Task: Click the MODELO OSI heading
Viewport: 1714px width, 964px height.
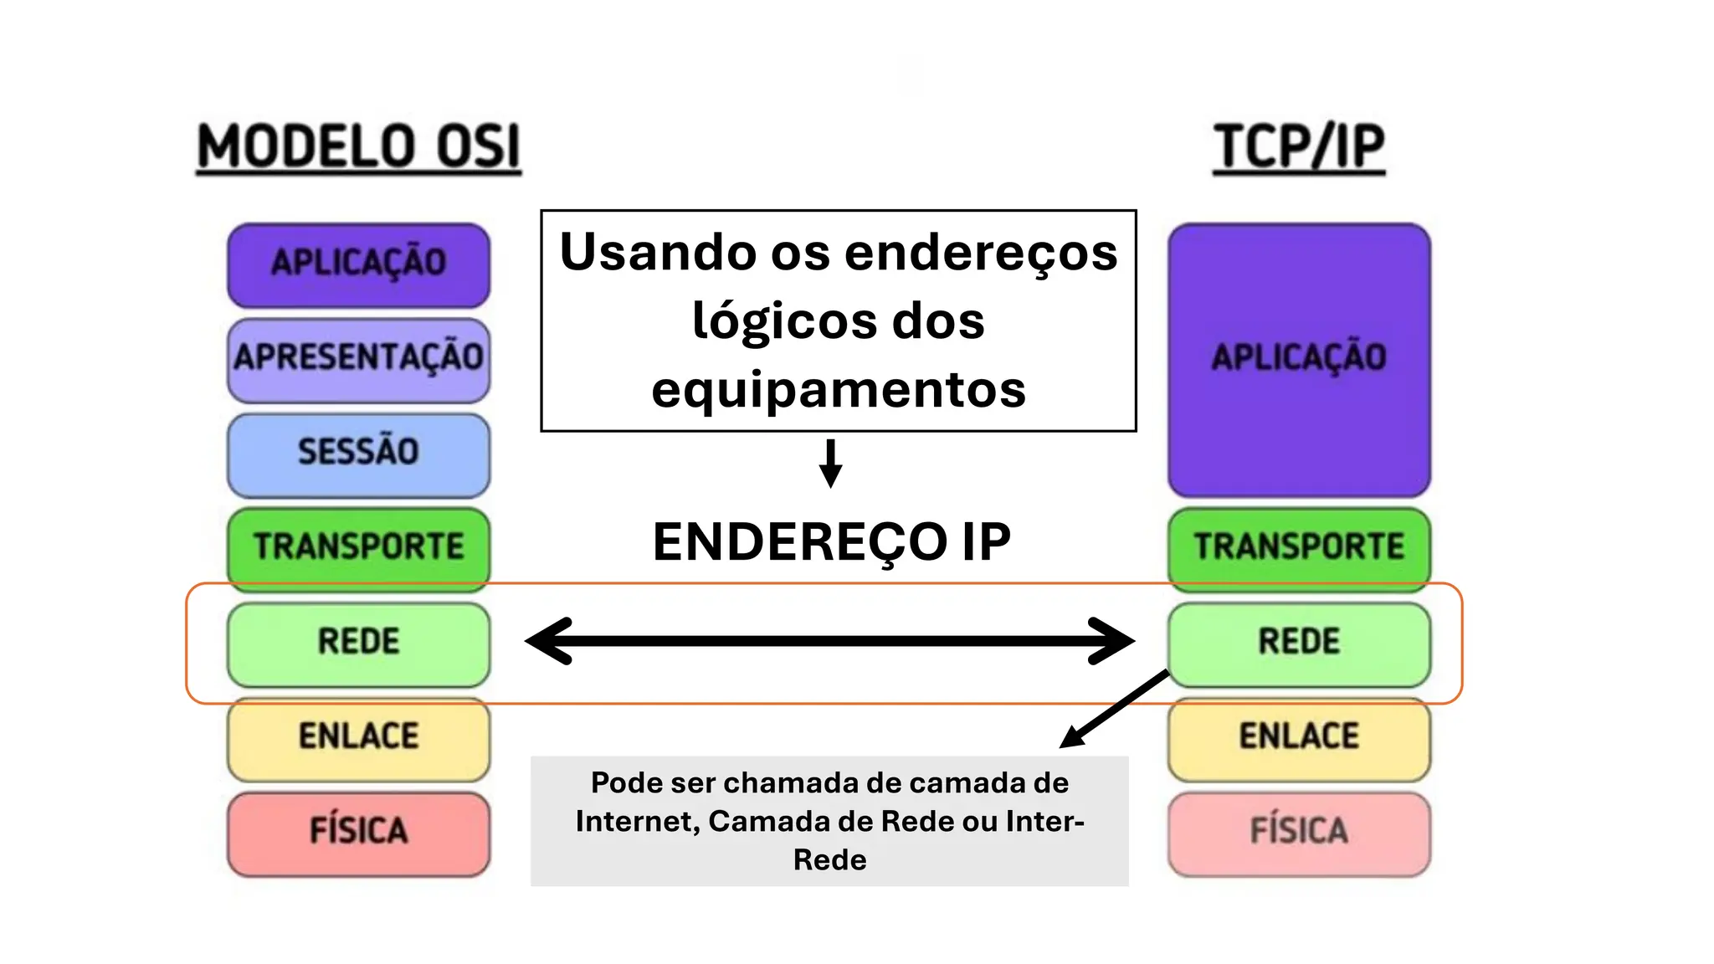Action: coord(358,147)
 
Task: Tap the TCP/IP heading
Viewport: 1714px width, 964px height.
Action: coord(1299,147)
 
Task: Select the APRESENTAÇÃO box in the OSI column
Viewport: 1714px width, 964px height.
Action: coord(358,358)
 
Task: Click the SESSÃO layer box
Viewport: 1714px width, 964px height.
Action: coord(358,454)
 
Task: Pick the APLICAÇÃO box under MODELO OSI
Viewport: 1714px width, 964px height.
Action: coord(358,264)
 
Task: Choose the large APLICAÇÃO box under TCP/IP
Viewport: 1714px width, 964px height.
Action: coord(1299,360)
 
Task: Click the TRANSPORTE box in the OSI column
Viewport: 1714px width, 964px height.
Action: coord(358,547)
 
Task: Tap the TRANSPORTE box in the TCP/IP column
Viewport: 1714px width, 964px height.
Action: coord(1299,547)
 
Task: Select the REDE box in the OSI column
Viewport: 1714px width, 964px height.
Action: coord(358,643)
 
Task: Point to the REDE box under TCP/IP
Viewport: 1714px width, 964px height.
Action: coord(1299,643)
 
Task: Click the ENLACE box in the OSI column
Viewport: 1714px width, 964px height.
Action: coord(358,737)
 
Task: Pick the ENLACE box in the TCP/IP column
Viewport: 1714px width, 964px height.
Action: coord(1299,737)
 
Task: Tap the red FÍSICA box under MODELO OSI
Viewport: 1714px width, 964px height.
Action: coord(358,833)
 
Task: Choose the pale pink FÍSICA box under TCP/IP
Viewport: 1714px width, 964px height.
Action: coord(1299,833)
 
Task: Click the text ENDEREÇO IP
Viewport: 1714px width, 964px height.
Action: coord(831,542)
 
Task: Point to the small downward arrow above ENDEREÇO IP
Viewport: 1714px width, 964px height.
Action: coord(830,464)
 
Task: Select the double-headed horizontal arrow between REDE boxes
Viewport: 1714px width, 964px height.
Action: coord(829,641)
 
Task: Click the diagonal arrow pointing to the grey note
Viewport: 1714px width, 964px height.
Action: coord(1114,708)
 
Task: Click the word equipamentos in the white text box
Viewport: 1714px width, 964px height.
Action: coord(839,390)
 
